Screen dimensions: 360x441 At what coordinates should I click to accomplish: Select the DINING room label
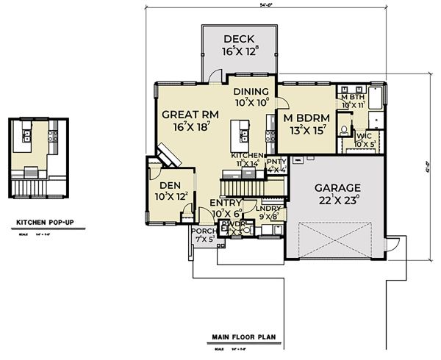point(251,91)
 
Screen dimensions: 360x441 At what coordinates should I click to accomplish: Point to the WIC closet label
point(363,136)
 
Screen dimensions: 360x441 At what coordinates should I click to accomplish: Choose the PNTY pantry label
point(276,161)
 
